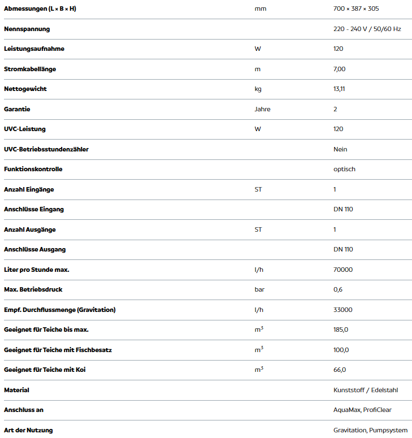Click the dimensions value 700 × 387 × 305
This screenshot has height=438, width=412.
pos(356,8)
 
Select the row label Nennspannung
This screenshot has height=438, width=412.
pos(27,29)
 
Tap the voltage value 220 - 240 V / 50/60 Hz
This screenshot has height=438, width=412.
pos(367,29)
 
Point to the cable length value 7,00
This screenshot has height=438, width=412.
pos(339,69)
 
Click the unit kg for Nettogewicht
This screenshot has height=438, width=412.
pos(258,89)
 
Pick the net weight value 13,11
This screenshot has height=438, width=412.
pos(339,89)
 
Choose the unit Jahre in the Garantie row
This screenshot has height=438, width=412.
pos(262,109)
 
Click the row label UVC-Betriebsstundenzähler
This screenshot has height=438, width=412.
pos(46,149)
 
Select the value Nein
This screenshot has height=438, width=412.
pos(340,149)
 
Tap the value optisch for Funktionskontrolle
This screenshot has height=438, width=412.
pos(344,169)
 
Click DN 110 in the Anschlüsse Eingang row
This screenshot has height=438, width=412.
pos(343,209)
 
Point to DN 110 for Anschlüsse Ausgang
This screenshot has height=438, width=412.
pos(343,249)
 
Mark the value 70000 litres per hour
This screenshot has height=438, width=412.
pos(343,270)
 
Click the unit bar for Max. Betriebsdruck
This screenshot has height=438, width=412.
pos(259,289)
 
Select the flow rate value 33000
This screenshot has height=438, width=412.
pos(343,310)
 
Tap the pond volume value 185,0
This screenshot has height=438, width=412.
pos(341,329)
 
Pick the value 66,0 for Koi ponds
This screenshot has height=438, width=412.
pos(340,370)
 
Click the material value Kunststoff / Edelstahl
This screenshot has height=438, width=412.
pos(366,390)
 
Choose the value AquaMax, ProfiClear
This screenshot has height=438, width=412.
pos(362,410)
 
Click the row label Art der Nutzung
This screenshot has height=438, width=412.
pos(28,430)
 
